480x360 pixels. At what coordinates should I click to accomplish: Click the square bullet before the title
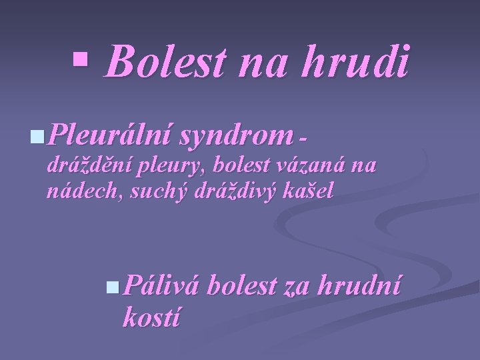81,60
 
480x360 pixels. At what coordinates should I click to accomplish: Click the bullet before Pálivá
114,287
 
